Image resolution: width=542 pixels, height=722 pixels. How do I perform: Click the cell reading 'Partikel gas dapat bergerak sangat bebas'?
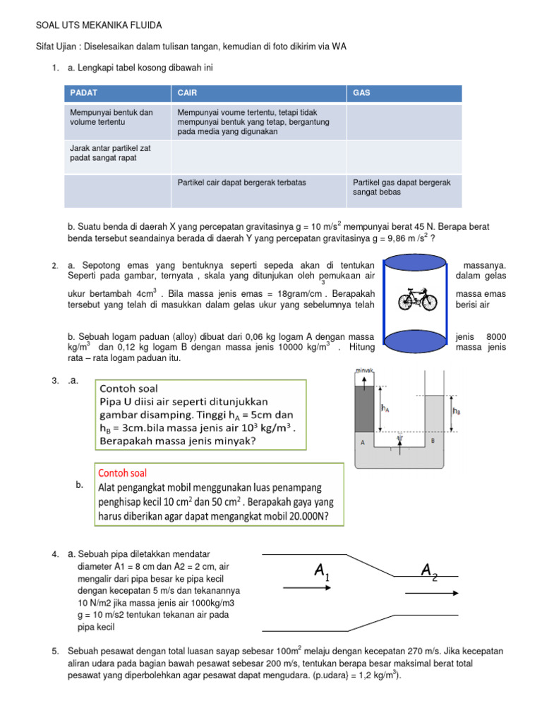(x=403, y=187)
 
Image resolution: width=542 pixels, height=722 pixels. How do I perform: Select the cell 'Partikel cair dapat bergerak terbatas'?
(x=241, y=183)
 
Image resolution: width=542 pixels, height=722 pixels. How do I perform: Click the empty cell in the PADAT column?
(x=116, y=191)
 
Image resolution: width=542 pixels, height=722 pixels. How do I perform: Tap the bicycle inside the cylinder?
(x=418, y=299)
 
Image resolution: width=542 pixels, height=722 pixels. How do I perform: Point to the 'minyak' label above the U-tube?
(x=364, y=370)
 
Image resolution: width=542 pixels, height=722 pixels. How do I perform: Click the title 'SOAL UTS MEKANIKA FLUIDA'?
(x=99, y=25)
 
